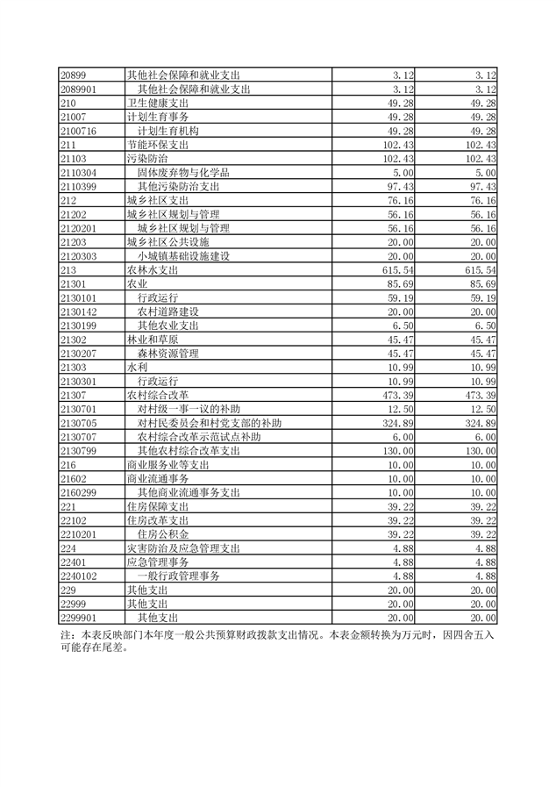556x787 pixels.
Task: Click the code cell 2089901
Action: coord(78,89)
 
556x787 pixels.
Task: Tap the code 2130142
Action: coord(78,311)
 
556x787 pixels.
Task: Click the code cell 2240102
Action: coord(78,575)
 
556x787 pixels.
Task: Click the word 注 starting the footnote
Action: coord(65,633)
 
